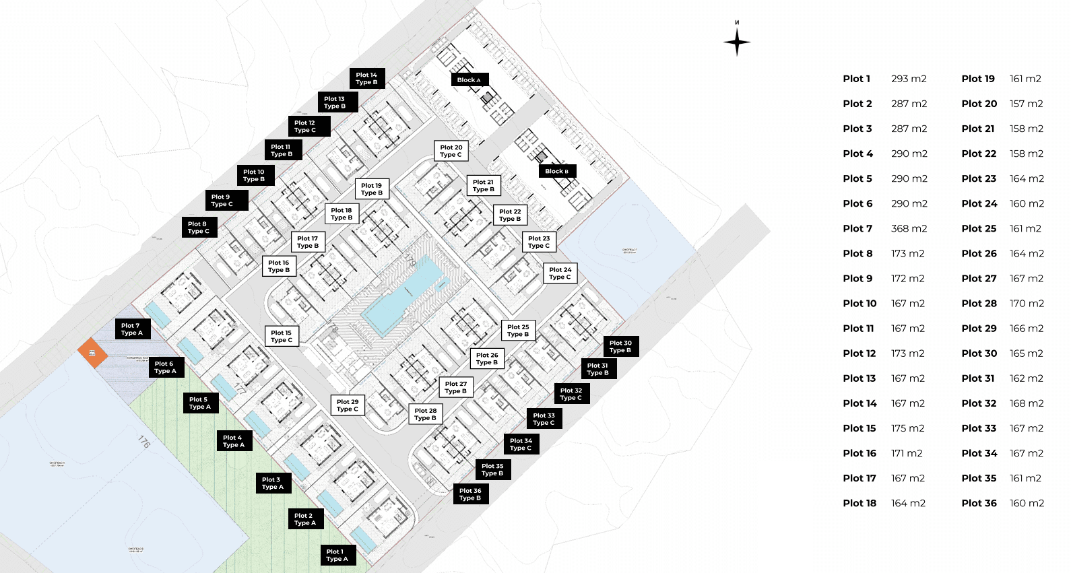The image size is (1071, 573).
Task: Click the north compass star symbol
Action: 737,42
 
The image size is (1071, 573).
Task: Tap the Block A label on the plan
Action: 469,79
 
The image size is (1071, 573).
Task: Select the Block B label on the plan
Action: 557,171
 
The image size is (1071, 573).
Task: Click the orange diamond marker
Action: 92,353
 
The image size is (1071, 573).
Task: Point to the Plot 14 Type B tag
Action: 367,79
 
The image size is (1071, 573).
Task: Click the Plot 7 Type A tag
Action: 132,329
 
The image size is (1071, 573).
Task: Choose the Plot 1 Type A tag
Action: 337,555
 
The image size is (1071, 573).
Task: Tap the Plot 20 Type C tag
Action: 451,151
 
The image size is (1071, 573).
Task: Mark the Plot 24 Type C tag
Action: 560,273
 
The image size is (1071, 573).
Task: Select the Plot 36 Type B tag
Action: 470,494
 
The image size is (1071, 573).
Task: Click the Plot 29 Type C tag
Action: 348,405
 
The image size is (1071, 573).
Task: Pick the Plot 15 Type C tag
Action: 282,337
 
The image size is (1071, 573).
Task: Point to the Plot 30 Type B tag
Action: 620,347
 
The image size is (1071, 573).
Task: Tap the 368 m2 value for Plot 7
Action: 909,229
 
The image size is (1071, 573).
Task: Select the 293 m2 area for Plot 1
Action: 909,79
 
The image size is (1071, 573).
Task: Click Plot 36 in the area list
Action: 979,504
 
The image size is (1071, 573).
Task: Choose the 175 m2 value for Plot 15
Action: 907,429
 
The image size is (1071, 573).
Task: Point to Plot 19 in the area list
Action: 978,79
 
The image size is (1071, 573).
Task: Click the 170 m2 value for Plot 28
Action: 1027,304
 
